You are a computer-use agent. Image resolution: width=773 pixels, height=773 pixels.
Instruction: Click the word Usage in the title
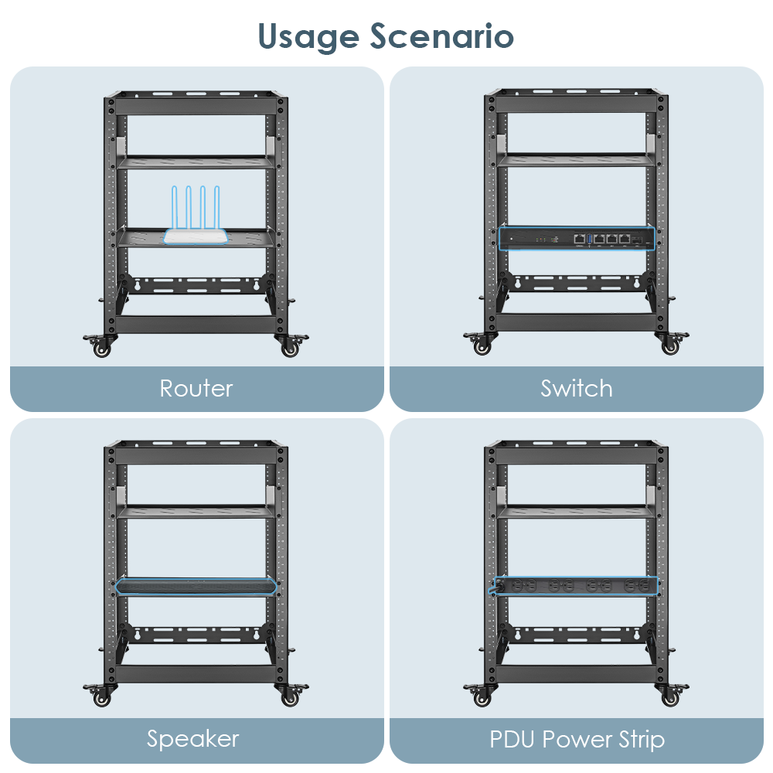click(x=308, y=36)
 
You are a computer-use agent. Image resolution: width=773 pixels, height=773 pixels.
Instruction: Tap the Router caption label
click(x=196, y=388)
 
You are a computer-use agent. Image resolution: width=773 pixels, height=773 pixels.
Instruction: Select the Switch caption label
click(x=577, y=388)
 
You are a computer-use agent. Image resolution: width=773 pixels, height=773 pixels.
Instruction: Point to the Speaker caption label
click(x=193, y=739)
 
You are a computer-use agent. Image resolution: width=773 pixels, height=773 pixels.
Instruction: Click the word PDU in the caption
click(x=516, y=739)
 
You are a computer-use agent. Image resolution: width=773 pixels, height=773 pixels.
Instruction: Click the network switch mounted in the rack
click(x=577, y=239)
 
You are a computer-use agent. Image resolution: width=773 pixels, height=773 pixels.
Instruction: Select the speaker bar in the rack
click(x=196, y=587)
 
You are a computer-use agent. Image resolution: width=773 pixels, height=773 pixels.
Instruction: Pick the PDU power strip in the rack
click(x=577, y=587)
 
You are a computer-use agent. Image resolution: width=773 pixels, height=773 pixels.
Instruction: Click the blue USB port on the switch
click(x=589, y=240)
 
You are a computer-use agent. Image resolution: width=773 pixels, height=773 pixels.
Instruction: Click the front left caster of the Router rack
click(x=101, y=348)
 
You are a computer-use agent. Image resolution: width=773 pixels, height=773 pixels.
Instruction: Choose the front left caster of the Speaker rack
click(x=101, y=698)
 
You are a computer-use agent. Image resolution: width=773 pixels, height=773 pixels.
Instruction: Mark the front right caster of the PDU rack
click(x=669, y=697)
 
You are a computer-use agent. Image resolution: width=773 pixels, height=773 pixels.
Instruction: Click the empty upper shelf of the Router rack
click(x=196, y=162)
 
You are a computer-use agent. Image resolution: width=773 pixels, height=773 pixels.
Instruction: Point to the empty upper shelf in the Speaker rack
click(x=196, y=511)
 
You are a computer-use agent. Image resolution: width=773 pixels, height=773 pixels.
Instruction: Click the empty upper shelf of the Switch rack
click(x=577, y=160)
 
